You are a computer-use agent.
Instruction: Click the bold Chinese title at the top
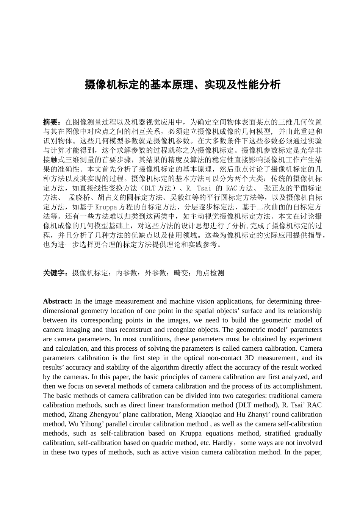182,84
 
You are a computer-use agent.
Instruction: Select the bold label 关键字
55,273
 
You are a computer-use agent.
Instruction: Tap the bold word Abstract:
58,301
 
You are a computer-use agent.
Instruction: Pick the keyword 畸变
181,273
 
